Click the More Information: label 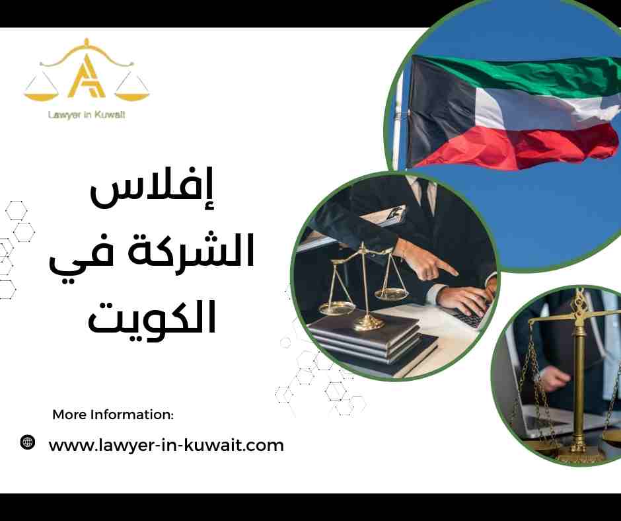(112, 415)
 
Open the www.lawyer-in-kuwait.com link (166, 445)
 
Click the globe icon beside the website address (27, 443)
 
